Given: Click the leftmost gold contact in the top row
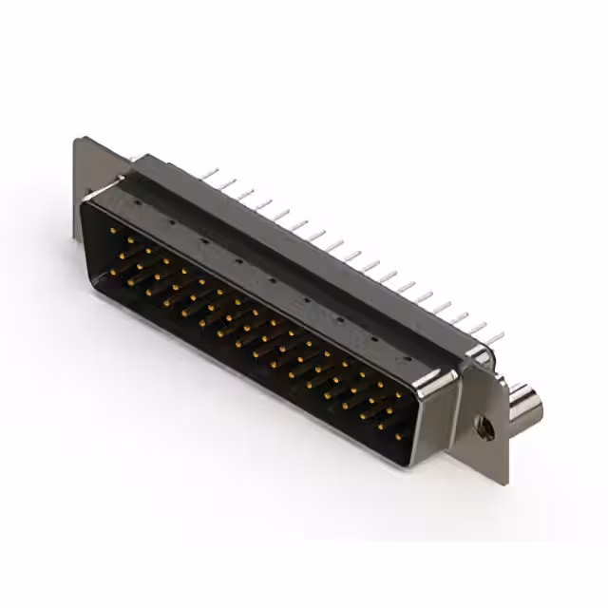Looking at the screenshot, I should (x=112, y=230).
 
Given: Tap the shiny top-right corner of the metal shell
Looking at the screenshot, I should (x=446, y=377).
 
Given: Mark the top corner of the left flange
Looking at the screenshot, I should (x=76, y=140).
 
